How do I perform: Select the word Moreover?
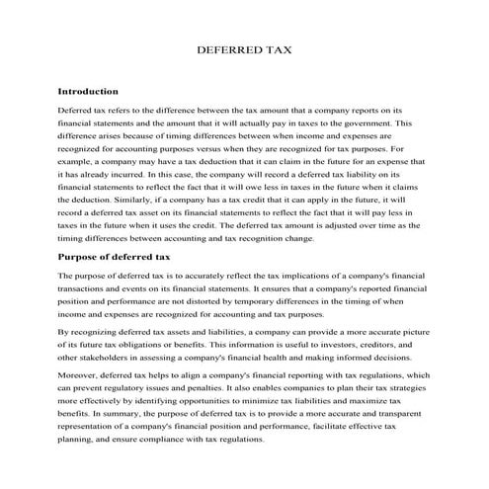(83, 375)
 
